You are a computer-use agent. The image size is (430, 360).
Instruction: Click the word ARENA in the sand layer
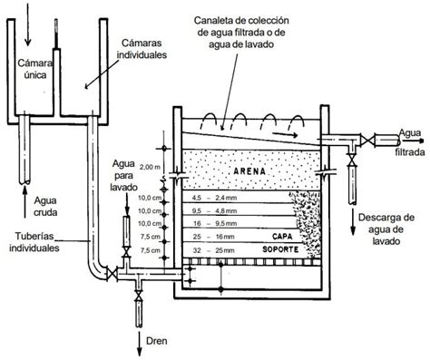(x=249, y=171)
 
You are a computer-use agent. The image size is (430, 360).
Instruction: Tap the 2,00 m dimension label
(x=151, y=167)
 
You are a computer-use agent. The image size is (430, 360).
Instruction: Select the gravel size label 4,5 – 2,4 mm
(x=214, y=198)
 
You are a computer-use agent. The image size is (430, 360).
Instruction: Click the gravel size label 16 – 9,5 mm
(x=214, y=224)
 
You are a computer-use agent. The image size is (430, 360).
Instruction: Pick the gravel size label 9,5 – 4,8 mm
(x=214, y=211)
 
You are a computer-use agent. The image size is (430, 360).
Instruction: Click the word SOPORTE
(x=280, y=249)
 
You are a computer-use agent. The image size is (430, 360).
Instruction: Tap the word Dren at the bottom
(x=157, y=341)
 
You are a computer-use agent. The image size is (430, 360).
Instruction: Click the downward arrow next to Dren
(x=140, y=344)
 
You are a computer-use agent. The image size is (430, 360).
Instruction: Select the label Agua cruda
(x=45, y=207)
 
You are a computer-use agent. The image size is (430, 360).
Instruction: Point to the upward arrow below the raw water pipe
(x=25, y=202)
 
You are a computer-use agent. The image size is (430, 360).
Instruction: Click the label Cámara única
(x=34, y=69)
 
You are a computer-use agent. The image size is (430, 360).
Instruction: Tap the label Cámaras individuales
(x=142, y=49)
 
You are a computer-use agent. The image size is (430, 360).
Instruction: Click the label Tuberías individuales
(x=34, y=242)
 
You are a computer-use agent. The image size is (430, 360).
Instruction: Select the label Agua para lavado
(x=123, y=175)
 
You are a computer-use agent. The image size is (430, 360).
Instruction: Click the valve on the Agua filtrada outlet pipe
(x=367, y=141)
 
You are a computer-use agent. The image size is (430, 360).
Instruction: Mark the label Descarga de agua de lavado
(x=386, y=229)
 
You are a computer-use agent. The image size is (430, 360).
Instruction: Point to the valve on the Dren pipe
(x=139, y=295)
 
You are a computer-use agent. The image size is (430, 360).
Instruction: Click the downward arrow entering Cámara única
(x=28, y=24)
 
